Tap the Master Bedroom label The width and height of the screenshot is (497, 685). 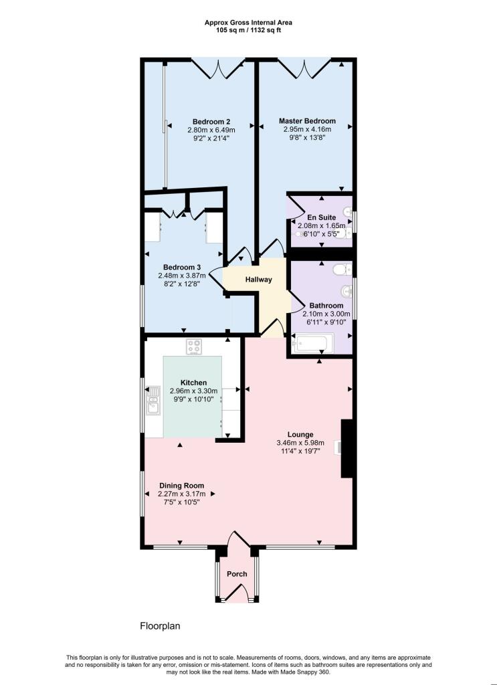coord(307,121)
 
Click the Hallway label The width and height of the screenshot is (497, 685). coord(258,280)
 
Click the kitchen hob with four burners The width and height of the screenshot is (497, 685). coord(195,347)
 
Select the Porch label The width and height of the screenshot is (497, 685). coord(237,574)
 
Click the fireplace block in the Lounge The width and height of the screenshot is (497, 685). coord(347,448)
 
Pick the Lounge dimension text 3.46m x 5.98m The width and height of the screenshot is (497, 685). coord(300,443)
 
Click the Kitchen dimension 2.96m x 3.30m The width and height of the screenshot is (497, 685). coord(193,391)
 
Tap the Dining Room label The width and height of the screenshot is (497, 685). coord(181,486)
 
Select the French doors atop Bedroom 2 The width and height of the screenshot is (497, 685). coord(218,66)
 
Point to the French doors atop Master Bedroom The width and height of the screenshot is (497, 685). coord(304,66)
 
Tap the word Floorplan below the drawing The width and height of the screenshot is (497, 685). coord(160,627)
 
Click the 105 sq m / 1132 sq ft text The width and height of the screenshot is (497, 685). coord(248,31)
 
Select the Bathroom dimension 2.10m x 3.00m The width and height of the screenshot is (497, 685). coord(326,314)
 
